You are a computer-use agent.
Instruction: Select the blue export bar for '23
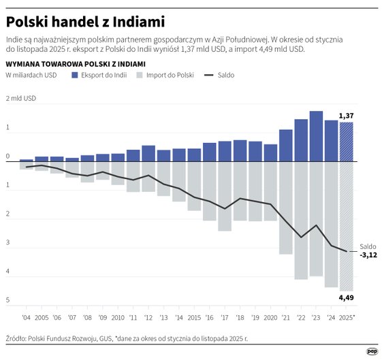point(316,137)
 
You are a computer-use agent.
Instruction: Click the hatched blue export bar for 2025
point(347,142)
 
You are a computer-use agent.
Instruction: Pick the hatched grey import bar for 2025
point(347,226)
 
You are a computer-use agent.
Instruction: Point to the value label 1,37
point(347,116)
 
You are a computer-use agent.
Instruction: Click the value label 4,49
point(347,297)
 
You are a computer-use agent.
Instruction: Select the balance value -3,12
point(368,255)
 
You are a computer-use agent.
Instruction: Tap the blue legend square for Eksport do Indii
point(75,75)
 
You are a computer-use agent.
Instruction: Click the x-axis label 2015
point(194,317)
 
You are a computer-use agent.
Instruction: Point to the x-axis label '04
point(26,317)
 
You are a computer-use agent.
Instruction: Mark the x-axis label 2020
point(270,317)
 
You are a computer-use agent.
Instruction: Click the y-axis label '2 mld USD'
point(21,99)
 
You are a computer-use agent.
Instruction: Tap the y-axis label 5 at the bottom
point(8,300)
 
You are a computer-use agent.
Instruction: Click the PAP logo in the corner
point(372,351)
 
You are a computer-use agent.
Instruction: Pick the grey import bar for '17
point(225,196)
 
